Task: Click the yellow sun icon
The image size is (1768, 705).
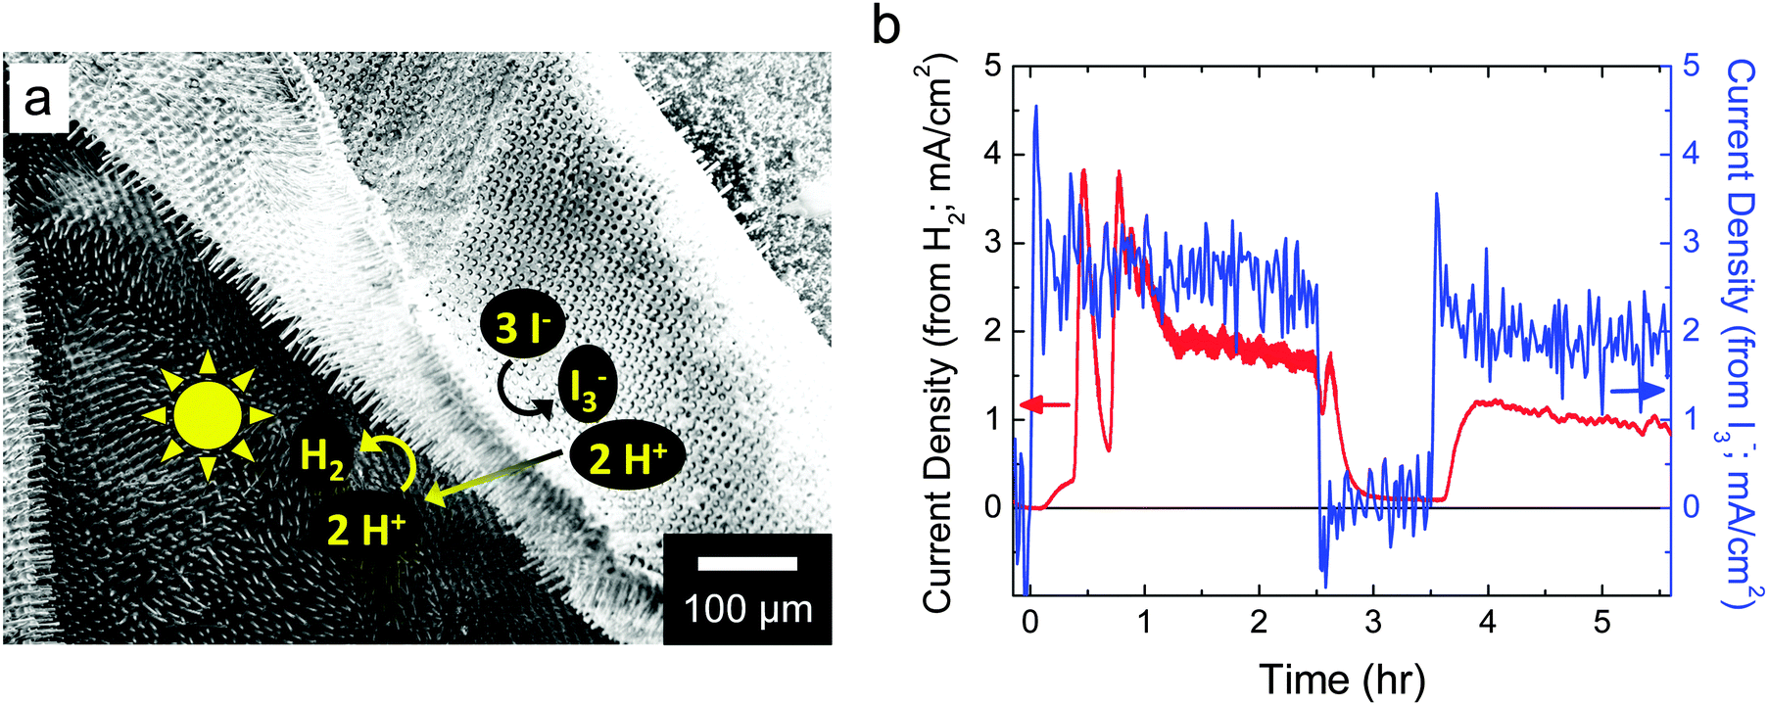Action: (x=207, y=416)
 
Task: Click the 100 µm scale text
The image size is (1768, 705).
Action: (x=748, y=609)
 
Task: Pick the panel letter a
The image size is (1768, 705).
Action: (x=37, y=98)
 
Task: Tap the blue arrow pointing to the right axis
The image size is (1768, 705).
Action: (x=1637, y=391)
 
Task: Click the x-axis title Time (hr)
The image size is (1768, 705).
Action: (x=1342, y=679)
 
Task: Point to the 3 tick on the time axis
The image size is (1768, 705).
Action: (x=1373, y=623)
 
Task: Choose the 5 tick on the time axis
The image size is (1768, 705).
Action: (x=1602, y=623)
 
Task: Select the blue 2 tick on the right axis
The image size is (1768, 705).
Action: (x=1691, y=331)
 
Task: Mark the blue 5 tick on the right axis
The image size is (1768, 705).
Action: (x=1691, y=67)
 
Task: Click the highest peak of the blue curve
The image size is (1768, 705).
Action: (x=1036, y=107)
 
